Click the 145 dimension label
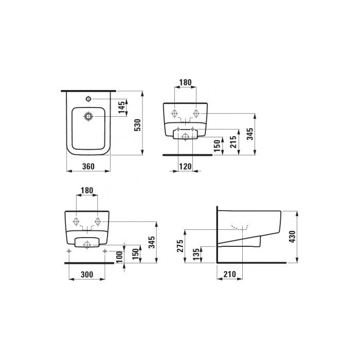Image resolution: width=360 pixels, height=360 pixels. [121, 107]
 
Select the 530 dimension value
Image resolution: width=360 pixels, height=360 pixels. [137, 123]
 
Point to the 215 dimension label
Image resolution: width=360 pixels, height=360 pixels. [234, 141]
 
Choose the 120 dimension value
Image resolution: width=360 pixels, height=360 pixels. [186, 166]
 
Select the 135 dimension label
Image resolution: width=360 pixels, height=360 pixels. [195, 254]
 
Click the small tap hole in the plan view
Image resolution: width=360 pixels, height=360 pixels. [88, 97]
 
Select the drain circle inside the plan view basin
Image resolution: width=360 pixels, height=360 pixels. [89, 117]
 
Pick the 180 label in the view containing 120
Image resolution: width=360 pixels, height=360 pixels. [185, 82]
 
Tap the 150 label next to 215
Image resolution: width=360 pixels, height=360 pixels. [218, 146]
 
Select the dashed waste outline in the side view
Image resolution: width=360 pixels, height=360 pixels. [240, 227]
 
